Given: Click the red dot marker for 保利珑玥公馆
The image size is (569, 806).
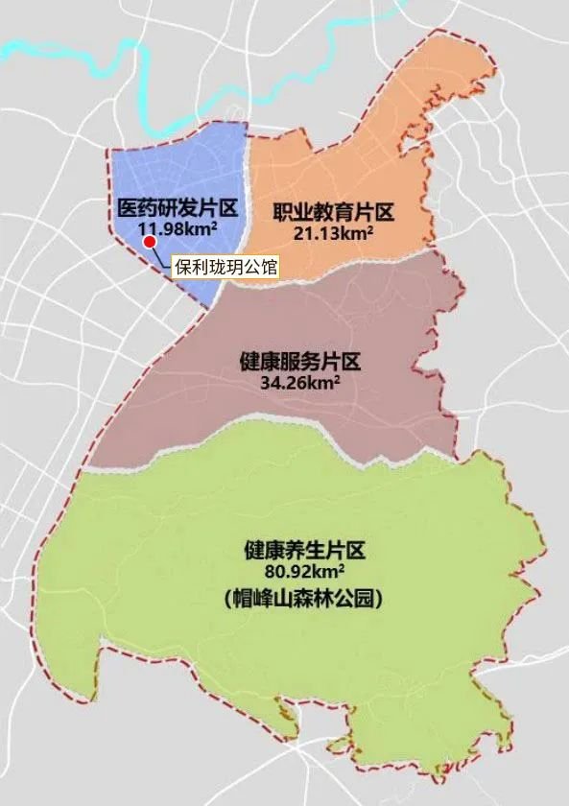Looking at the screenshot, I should click(150, 242).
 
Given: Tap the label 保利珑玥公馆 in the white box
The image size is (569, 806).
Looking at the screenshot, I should click(225, 267).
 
